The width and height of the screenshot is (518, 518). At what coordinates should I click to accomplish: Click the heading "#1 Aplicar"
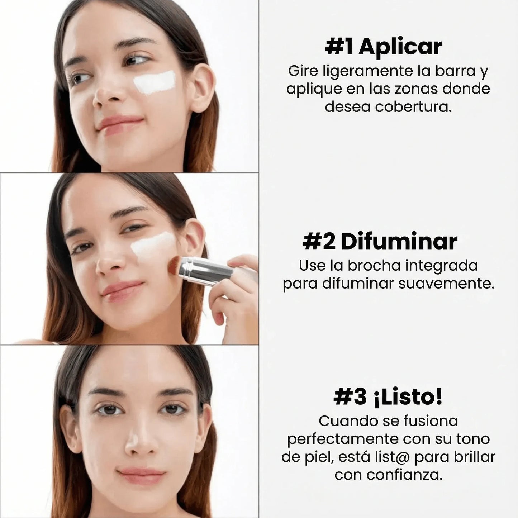coord(383,47)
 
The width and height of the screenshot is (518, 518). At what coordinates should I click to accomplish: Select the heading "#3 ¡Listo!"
coord(388,397)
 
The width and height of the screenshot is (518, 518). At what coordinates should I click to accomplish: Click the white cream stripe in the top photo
coord(155,82)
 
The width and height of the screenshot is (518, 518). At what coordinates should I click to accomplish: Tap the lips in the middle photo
coord(122,289)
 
